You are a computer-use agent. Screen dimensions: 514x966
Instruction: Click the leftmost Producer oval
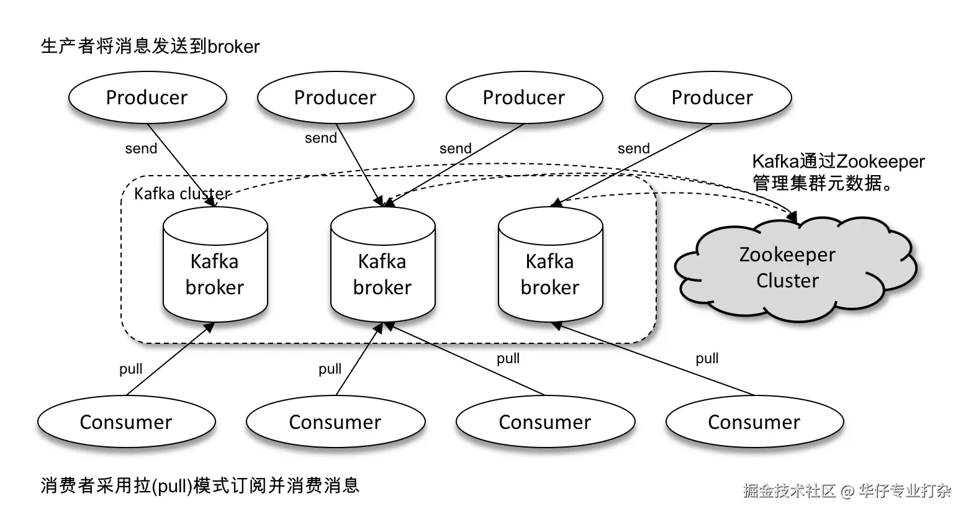[147, 98]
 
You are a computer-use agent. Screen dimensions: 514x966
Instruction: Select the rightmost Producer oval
[713, 98]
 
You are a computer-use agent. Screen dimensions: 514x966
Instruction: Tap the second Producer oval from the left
[335, 98]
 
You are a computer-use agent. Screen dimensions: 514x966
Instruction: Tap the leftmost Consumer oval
[126, 422]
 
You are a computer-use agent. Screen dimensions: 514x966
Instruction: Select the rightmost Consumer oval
[754, 422]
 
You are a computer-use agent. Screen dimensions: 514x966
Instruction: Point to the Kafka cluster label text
[182, 194]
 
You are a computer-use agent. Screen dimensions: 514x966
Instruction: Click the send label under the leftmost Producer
[141, 149]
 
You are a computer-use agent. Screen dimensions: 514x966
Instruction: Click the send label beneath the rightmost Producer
[633, 149]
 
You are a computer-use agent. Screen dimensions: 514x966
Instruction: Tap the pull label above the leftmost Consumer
[131, 369]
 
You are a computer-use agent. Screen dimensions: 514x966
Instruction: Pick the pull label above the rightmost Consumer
[707, 359]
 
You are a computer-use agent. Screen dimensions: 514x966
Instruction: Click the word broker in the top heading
[233, 47]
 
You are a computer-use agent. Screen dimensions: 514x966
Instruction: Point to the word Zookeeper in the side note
[880, 162]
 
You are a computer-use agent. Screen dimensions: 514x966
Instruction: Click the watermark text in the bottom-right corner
[847, 491]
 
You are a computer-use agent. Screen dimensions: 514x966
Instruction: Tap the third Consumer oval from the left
[545, 422]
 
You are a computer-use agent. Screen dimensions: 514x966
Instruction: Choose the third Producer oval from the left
[524, 98]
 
